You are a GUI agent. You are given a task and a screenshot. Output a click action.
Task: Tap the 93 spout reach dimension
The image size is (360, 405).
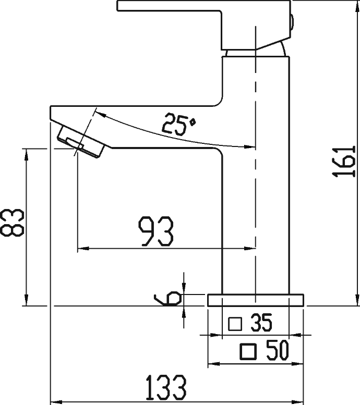tap(155, 231)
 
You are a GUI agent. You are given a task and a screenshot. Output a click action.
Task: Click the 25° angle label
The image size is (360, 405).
tap(178, 124)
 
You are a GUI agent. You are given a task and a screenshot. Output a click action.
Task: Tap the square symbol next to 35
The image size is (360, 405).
tap(236, 324)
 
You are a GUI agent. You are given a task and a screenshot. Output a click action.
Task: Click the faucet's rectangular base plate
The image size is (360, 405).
tap(256, 300)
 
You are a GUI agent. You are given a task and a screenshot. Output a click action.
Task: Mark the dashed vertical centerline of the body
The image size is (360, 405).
tap(256, 208)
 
